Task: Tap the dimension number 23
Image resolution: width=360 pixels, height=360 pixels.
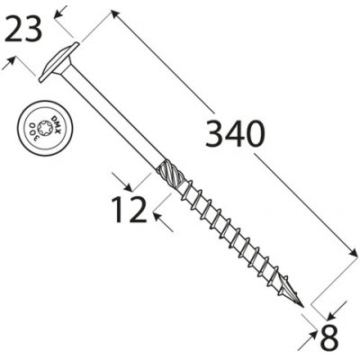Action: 23,30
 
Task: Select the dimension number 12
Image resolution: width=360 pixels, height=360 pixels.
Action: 129,210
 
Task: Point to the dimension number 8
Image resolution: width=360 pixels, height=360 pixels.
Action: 329,338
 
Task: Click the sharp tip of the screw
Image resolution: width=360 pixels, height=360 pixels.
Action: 303,307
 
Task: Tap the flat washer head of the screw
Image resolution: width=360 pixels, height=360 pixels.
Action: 58,62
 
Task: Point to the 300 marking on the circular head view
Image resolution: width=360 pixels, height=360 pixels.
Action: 32,129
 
